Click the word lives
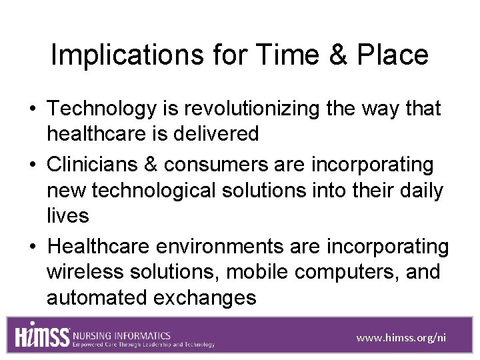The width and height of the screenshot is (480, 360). pos(67,215)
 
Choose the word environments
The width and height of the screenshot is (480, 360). pos(219,247)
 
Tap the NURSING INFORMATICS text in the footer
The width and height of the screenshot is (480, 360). pos(122,335)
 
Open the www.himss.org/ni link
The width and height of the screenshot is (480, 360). pos(401,337)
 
